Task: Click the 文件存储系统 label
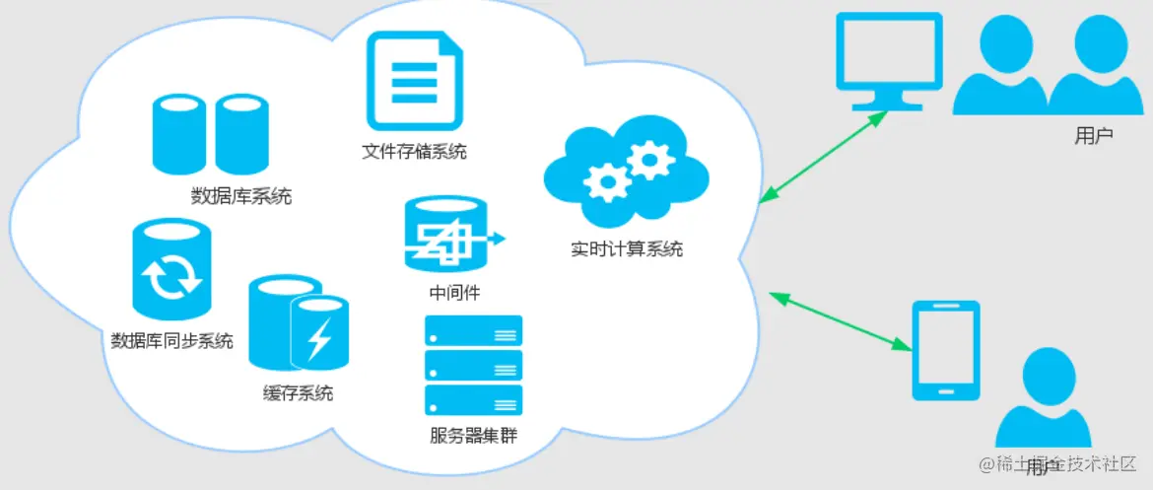(x=413, y=152)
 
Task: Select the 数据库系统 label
(x=240, y=195)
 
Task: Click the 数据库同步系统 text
(x=172, y=341)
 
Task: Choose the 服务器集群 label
(x=473, y=435)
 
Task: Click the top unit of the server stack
(x=473, y=330)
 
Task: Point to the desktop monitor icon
(x=888, y=60)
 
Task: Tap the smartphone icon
(x=945, y=350)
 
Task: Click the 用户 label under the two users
(x=1093, y=136)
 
